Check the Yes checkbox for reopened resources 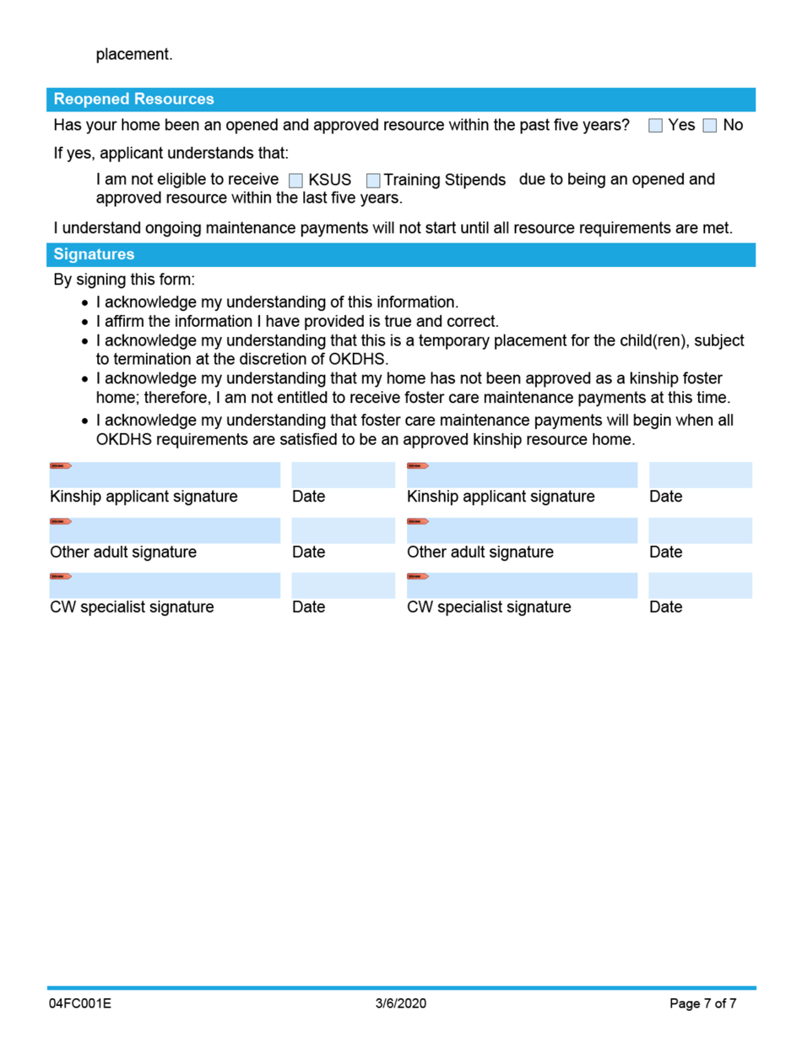tap(656, 126)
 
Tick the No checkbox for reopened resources tap(710, 126)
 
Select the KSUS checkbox tap(295, 181)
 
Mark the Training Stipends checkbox tap(373, 181)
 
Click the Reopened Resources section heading tap(133, 100)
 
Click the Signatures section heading tap(94, 254)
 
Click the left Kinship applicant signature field tap(165, 476)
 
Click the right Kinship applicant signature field tap(522, 476)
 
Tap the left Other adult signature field tap(165, 531)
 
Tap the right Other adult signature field tap(522, 531)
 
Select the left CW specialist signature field tap(165, 586)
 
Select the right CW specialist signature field tap(522, 586)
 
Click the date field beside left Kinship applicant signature tap(343, 476)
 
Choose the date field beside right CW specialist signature tap(700, 586)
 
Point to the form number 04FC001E tap(80, 1004)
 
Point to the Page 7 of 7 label tap(703, 1004)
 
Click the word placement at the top tap(134, 55)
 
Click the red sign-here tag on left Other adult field tap(61, 521)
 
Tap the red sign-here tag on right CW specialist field tap(418, 576)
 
